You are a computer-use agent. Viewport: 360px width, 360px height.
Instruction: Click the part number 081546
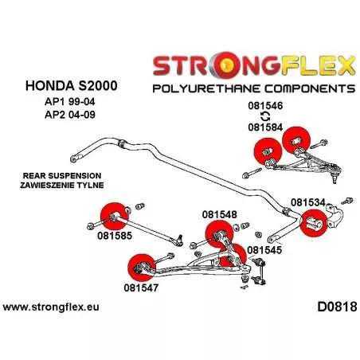click(x=265, y=106)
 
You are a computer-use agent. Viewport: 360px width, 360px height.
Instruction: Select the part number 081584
click(x=265, y=127)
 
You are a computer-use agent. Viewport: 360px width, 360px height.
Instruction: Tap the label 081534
click(x=308, y=203)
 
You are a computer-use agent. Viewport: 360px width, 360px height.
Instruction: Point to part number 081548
click(x=219, y=214)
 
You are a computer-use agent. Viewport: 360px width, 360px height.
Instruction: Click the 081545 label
click(x=264, y=250)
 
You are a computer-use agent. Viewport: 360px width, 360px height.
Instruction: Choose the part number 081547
click(x=141, y=288)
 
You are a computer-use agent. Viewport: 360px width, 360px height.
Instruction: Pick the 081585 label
click(x=115, y=236)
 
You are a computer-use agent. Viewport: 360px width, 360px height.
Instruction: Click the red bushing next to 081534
click(x=314, y=223)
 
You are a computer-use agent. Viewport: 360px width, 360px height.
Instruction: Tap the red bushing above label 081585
click(x=115, y=217)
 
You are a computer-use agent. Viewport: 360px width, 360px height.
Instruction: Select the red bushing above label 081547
click(x=141, y=268)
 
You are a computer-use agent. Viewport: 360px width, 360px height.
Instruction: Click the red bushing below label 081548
click(x=219, y=234)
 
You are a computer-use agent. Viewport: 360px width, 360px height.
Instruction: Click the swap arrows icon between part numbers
click(x=265, y=116)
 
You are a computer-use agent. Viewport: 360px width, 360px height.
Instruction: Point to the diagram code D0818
click(x=337, y=307)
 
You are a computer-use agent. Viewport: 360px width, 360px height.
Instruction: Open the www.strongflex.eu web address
click(x=51, y=307)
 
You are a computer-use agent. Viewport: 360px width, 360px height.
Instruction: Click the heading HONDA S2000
click(x=72, y=86)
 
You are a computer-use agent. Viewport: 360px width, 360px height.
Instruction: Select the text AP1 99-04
click(x=70, y=102)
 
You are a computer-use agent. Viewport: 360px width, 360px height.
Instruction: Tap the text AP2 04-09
click(x=70, y=115)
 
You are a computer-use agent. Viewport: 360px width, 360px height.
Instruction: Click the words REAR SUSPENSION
click(x=62, y=176)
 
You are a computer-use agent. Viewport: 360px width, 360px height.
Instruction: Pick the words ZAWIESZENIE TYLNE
click(x=62, y=185)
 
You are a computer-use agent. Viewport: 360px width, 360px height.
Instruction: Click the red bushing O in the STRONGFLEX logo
click(x=225, y=65)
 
